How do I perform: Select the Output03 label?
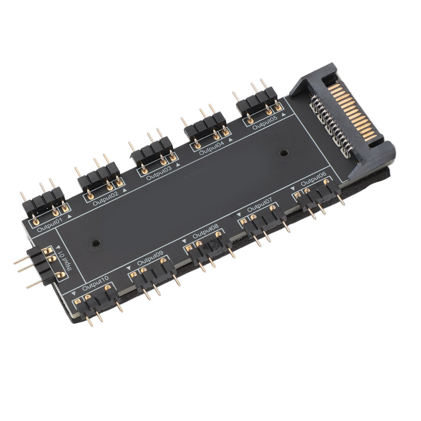coord(159,174)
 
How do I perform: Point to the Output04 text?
coord(212,149)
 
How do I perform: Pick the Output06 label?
coord(313,179)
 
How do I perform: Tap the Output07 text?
coord(260,205)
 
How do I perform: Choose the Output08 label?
coord(205,232)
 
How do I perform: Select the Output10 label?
coord(95,284)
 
